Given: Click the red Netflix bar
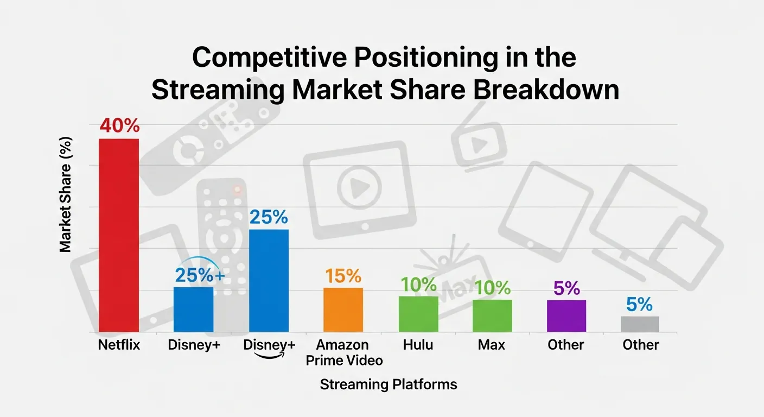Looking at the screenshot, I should pos(118,235).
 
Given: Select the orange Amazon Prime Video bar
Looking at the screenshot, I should pos(343,309).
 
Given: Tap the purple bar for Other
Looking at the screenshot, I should pos(566,315).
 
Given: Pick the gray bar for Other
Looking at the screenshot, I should pos(640,324).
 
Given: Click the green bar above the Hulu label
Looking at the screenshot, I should pos(418,314).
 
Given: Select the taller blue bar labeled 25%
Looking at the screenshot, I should pos(269,280).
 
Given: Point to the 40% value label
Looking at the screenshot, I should pos(119,126).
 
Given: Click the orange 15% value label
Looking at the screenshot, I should pos(343,276).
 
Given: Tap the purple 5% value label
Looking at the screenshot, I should pos(566,288).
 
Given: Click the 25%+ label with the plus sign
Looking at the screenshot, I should pos(199,276).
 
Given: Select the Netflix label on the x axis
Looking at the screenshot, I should pos(119,345).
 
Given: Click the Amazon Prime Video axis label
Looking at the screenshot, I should pos(342,352).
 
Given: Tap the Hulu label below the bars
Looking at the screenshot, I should pos(418,345).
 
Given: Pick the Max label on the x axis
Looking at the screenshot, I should pos(492,345).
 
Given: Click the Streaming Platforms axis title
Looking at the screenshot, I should pos(388,385).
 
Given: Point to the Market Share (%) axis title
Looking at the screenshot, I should pos(65,194).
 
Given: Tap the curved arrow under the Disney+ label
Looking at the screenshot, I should pos(270,356).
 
